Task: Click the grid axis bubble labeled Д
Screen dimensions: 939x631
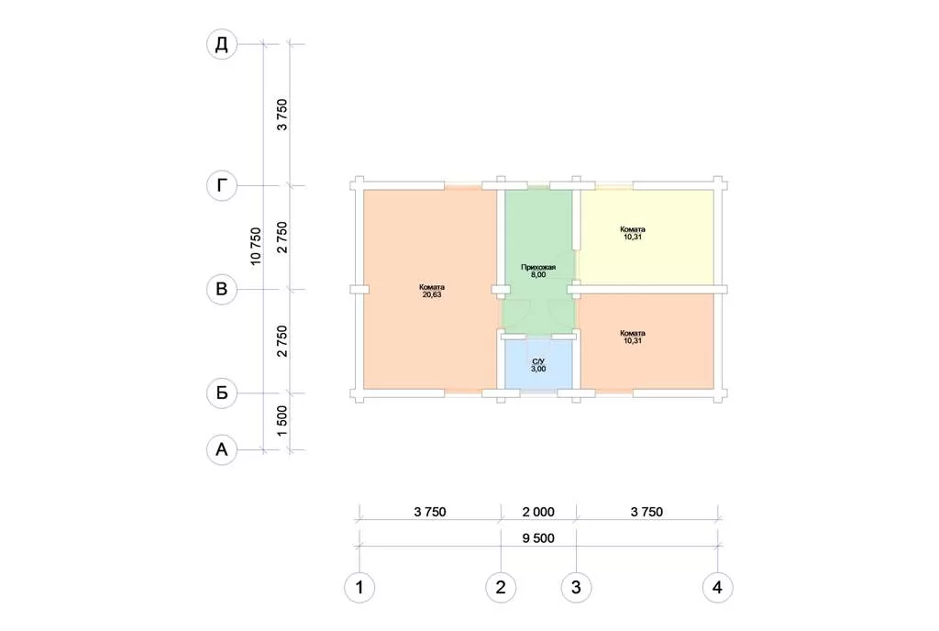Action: pyautogui.click(x=222, y=44)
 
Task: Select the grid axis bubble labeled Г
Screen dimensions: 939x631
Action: pyautogui.click(x=222, y=185)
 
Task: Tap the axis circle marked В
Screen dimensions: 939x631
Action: pyautogui.click(x=222, y=289)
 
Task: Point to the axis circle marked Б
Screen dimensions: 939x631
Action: pyautogui.click(x=222, y=393)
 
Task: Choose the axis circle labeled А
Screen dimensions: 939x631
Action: pyautogui.click(x=222, y=449)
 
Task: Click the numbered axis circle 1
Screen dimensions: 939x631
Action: pyautogui.click(x=359, y=587)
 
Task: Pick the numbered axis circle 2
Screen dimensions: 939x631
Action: pyautogui.click(x=501, y=587)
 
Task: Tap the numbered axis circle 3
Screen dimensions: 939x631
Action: pyautogui.click(x=576, y=587)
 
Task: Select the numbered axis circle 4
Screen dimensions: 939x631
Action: pyautogui.click(x=717, y=587)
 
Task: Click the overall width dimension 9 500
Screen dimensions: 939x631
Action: pyautogui.click(x=538, y=538)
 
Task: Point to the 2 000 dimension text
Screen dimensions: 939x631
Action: pyautogui.click(x=538, y=512)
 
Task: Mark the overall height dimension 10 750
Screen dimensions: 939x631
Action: pyautogui.click(x=256, y=246)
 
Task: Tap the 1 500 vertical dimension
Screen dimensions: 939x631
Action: pyautogui.click(x=282, y=421)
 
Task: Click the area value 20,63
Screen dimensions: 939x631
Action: pyautogui.click(x=432, y=294)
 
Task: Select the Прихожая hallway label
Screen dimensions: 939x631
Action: pyautogui.click(x=538, y=267)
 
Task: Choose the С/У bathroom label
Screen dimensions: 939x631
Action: pyautogui.click(x=538, y=361)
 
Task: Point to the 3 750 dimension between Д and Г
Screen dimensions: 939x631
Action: pyautogui.click(x=282, y=115)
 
